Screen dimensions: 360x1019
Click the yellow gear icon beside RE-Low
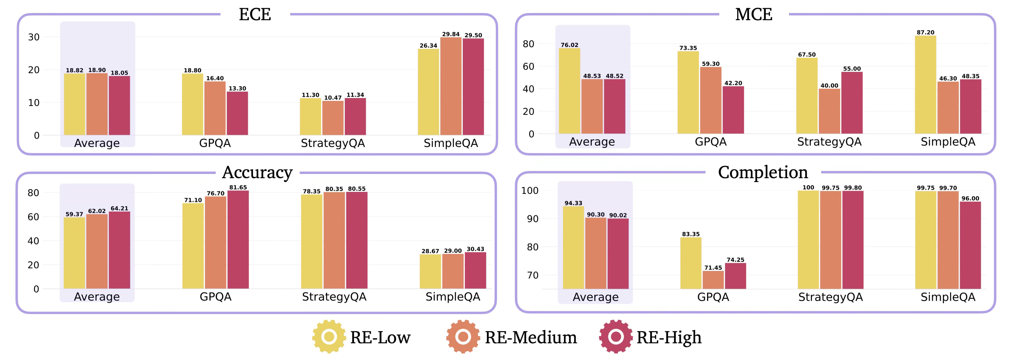tap(329, 337)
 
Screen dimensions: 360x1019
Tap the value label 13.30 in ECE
tap(237, 88)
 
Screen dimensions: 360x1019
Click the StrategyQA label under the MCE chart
tap(829, 142)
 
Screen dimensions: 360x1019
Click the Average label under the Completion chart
tap(595, 297)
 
